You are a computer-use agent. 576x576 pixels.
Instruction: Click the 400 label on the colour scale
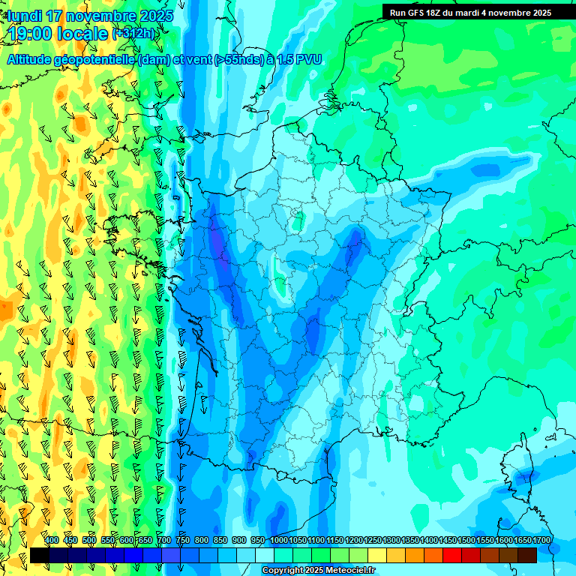[52, 540]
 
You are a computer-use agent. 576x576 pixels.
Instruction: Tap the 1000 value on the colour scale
[279, 540]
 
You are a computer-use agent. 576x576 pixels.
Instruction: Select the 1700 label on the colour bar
[522, 540]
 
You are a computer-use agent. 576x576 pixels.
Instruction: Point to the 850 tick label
[220, 540]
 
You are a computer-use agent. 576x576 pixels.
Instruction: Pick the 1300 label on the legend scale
[391, 540]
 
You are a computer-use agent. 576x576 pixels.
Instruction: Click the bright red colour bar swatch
[452, 555]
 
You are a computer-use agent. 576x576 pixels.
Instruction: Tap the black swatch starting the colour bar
[40, 555]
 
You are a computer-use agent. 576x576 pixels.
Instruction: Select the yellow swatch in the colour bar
[377, 555]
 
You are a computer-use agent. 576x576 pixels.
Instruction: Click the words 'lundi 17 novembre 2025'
[90, 16]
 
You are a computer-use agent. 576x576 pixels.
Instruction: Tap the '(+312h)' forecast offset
[135, 34]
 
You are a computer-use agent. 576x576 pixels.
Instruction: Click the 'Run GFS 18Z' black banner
[470, 12]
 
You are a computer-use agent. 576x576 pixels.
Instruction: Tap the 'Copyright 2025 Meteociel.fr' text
[318, 571]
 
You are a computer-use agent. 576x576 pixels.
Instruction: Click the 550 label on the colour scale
[108, 540]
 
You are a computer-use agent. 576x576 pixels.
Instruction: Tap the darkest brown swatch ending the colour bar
[527, 555]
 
